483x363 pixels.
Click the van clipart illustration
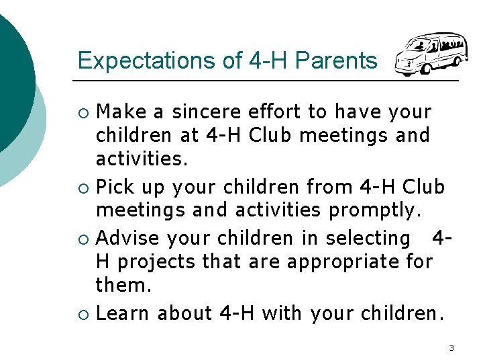pos(430,54)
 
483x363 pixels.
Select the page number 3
pos(451,348)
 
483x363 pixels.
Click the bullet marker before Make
pos(83,111)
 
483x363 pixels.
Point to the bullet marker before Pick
pos(83,187)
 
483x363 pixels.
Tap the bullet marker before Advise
pos(83,239)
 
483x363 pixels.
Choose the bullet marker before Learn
pos(83,314)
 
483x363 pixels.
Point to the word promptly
pos(375,211)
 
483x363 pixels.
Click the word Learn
pos(123,313)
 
